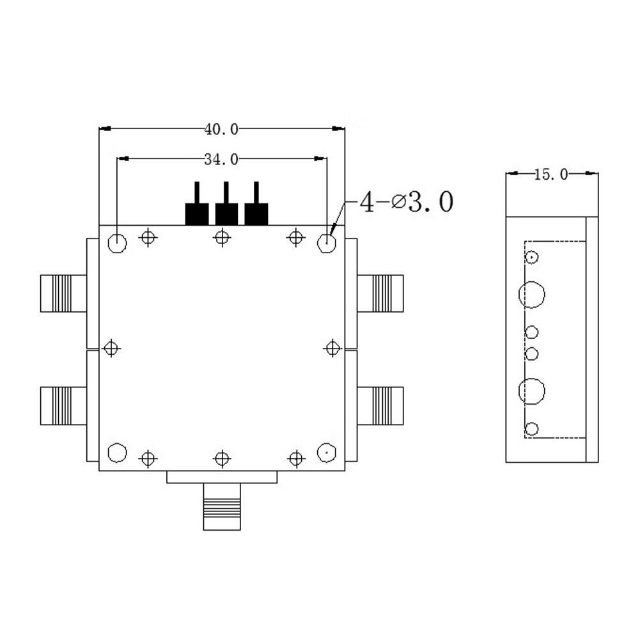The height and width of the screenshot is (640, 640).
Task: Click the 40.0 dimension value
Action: [x=221, y=129]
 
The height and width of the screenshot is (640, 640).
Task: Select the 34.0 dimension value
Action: [x=221, y=159]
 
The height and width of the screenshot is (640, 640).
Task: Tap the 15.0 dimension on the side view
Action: [x=550, y=174]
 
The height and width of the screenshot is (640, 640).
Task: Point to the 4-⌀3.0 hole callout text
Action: [x=406, y=203]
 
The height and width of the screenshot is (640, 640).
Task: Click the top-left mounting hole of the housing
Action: [x=118, y=243]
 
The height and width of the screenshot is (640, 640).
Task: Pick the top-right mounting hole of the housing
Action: [x=327, y=243]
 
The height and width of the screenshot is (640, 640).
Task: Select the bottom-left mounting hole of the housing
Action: [x=118, y=453]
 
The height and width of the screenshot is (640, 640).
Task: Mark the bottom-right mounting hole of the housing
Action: [x=327, y=453]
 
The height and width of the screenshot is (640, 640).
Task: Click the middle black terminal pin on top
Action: [x=226, y=207]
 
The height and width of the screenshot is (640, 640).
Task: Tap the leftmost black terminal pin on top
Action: [x=196, y=207]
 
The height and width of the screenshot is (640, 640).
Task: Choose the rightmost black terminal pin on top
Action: [x=256, y=207]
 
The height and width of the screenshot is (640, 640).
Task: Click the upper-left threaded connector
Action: [x=63, y=293]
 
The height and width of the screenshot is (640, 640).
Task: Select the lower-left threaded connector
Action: [x=63, y=405]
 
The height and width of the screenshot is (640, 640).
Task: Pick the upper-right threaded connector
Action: [x=380, y=293]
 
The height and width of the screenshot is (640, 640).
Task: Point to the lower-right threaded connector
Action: [x=380, y=405]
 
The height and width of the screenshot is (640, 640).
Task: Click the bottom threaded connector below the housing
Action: [x=221, y=506]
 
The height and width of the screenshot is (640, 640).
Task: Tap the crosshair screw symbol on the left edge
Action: [x=112, y=348]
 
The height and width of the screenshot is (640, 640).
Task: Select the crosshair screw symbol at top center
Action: [x=221, y=238]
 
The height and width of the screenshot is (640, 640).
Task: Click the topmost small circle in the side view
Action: [x=532, y=257]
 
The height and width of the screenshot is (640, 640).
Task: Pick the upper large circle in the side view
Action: [x=532, y=295]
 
